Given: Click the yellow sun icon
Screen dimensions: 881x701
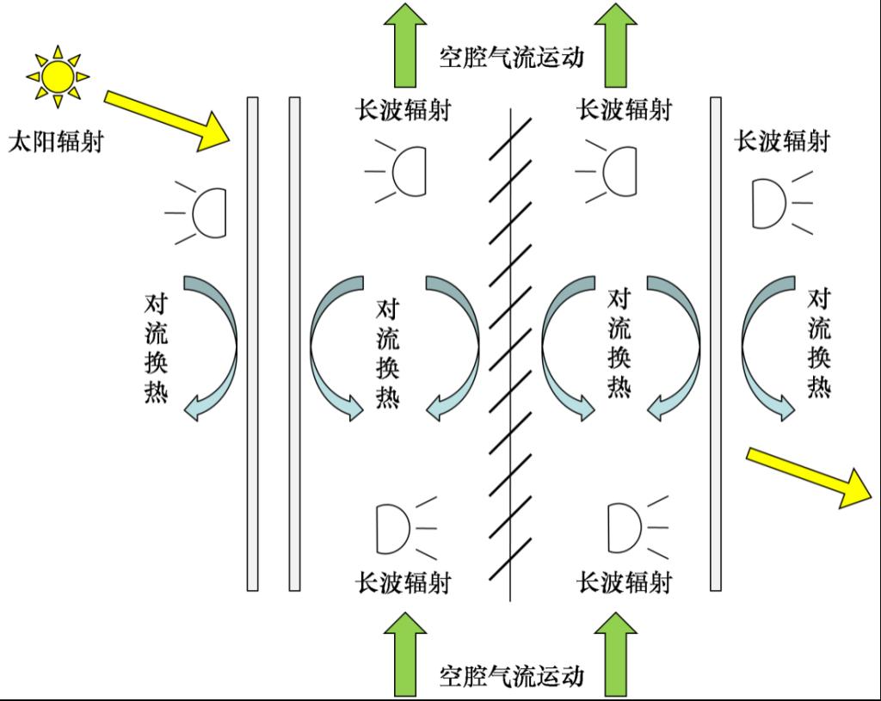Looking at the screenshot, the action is [58, 77].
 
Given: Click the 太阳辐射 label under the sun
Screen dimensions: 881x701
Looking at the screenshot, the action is [56, 141].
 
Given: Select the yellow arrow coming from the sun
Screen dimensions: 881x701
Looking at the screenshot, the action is [168, 121].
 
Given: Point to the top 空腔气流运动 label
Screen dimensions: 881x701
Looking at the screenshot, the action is [511, 58].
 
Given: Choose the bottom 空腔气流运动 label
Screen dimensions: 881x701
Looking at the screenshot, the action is [511, 676].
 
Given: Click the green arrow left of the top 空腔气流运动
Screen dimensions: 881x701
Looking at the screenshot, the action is [405, 45].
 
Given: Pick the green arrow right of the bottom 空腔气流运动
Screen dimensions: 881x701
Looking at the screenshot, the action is [616, 655].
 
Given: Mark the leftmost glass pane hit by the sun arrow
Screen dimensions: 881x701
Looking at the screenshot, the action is [253, 344].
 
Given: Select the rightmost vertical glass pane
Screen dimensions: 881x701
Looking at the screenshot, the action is [716, 344].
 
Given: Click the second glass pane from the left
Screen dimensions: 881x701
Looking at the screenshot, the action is [294, 344].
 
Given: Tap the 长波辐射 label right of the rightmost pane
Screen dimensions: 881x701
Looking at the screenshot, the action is [782, 141].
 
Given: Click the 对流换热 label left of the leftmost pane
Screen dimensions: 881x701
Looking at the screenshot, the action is [157, 348].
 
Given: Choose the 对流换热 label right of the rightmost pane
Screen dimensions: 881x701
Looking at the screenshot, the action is [819, 343].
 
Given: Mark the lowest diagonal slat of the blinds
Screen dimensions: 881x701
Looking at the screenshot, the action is [510, 559].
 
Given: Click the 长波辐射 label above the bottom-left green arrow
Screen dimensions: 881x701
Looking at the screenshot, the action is [404, 582].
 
